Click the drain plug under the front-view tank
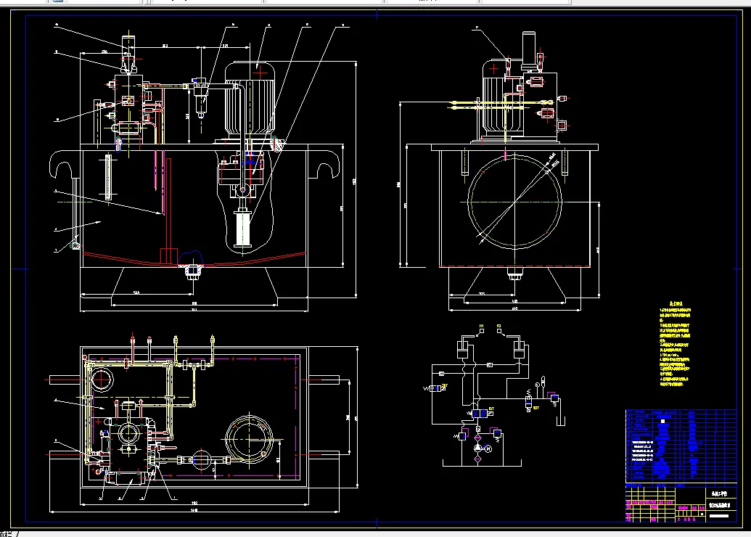pyautogui.click(x=192, y=272)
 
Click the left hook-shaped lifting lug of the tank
pyautogui.click(x=63, y=167)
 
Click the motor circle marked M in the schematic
pyautogui.click(x=488, y=449)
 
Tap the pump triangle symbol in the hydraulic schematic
pyautogui.click(x=477, y=450)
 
